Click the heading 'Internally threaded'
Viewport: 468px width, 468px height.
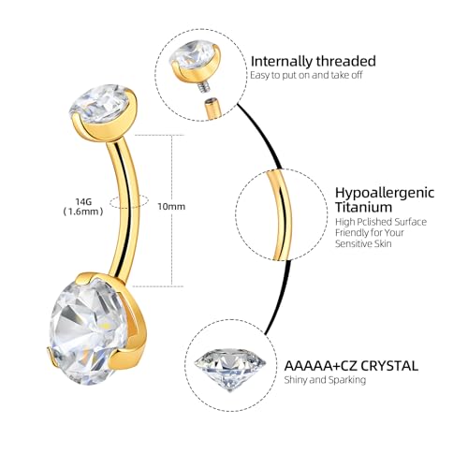point(314,61)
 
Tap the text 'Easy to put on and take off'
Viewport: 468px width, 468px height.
point(306,75)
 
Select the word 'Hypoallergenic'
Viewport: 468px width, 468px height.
point(385,193)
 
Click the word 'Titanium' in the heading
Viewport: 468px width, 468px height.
point(363,207)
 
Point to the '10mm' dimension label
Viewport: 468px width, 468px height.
point(171,207)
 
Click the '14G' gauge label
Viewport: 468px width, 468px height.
point(83,201)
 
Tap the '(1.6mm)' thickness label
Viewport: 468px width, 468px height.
point(83,212)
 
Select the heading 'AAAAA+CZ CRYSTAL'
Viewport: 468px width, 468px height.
point(351,366)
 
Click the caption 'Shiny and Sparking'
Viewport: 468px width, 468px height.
point(325,380)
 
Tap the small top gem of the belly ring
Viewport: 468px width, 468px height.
point(99,103)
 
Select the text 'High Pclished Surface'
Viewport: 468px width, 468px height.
point(381,222)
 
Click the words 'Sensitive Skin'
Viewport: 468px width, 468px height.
point(363,243)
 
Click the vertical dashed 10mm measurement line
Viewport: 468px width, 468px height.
point(172,211)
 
